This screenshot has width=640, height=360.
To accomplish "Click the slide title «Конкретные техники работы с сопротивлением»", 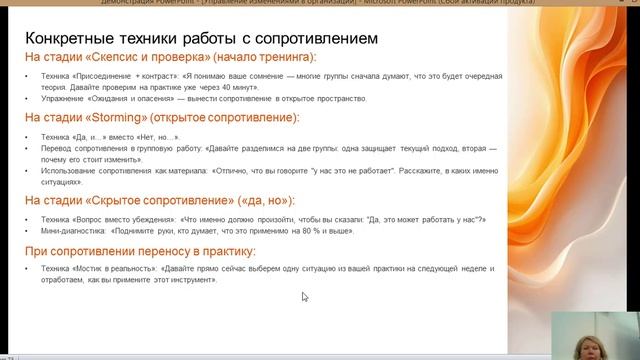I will pos(200,39).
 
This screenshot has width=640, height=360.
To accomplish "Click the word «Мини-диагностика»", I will pos(63,231).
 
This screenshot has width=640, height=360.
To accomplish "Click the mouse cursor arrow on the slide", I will pos(305,296).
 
